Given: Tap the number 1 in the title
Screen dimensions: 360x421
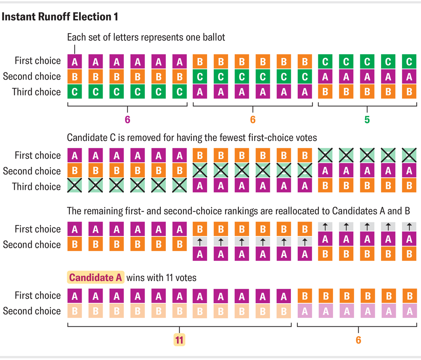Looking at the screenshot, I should click(x=115, y=17).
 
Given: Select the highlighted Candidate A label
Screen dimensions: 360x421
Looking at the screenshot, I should click(x=95, y=278).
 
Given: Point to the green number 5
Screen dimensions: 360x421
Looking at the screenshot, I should click(x=367, y=120).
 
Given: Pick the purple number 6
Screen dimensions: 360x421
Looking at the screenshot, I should click(x=127, y=120).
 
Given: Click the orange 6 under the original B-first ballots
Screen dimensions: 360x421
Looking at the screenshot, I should click(x=253, y=120).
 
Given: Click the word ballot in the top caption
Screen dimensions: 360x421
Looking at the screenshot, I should click(x=213, y=37).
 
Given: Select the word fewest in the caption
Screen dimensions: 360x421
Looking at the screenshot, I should click(x=229, y=138).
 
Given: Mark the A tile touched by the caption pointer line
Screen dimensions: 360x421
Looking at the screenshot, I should click(x=75, y=62).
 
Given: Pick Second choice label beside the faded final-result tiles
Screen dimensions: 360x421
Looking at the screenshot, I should click(x=32, y=311).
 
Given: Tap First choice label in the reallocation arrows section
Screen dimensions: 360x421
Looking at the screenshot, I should click(x=38, y=229).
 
